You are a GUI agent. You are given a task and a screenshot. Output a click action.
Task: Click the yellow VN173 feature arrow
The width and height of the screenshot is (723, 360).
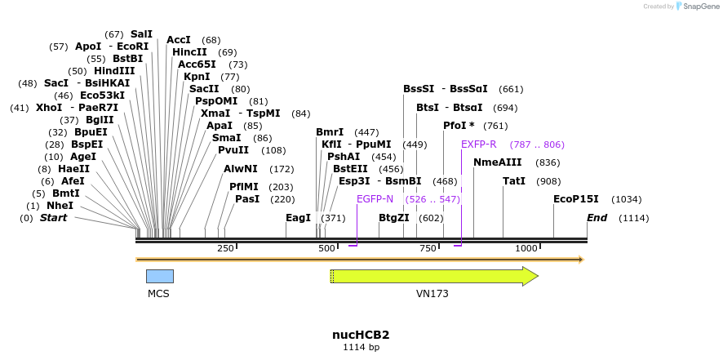pos(432,276)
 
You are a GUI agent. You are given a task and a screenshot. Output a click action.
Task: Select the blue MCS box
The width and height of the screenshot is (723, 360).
pos(159,276)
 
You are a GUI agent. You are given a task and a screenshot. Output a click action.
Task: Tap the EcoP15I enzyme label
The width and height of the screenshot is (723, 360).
pos(576,199)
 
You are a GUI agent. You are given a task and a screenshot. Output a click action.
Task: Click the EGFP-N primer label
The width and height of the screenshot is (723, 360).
pos(375,199)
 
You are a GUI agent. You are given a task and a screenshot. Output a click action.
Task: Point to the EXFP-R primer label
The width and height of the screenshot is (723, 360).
pos(478,144)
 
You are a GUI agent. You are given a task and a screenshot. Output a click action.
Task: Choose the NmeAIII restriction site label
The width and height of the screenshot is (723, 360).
pos(497,162)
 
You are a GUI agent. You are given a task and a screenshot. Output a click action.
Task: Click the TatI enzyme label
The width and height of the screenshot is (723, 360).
pos(514,181)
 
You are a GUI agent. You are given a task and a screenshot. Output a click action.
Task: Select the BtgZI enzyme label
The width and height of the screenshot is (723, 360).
pos(393,218)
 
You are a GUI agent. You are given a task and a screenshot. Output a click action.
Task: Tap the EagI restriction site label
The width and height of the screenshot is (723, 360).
pos(299,218)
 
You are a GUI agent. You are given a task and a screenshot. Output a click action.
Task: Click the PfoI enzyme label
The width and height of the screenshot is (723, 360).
pos(459,126)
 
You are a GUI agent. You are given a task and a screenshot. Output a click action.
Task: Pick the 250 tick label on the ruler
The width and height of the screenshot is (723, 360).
pos(225,248)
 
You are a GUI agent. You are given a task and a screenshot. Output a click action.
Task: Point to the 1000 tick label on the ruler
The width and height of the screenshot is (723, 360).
pos(526,248)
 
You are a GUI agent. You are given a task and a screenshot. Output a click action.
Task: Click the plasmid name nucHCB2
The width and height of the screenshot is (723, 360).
pos(361,335)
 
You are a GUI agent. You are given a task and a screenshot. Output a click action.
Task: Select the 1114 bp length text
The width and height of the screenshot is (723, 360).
pos(361,348)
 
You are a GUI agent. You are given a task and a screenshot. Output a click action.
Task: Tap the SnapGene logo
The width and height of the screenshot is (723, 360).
pos(701,7)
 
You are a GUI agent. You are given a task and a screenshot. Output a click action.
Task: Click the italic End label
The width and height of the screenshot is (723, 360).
pos(597,218)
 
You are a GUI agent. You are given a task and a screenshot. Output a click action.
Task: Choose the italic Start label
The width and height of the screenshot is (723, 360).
pos(54,218)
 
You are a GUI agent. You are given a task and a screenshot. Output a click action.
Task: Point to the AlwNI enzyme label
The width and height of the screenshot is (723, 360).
pos(241,169)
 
